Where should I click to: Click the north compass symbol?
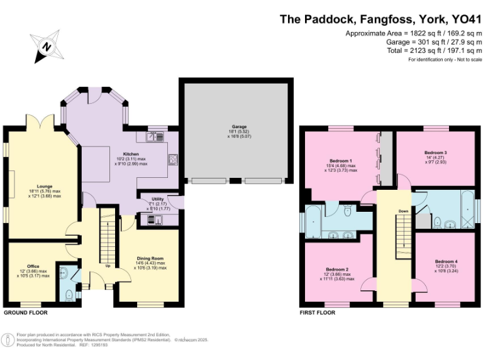(x=45, y=47)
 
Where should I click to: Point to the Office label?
(x=33, y=266)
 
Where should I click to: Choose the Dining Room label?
(x=150, y=258)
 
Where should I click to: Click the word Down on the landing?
(x=404, y=211)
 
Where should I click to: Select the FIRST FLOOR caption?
(x=321, y=312)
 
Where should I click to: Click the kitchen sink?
(x=155, y=136)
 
